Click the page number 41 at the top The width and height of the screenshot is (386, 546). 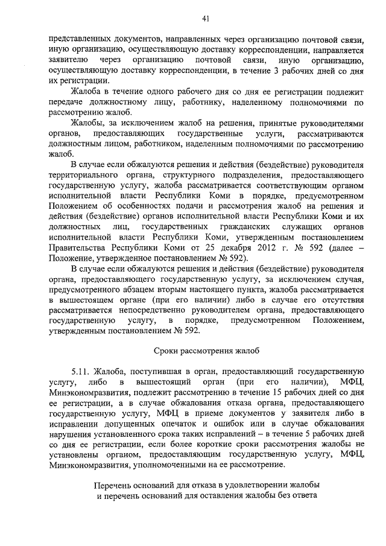point(206,19)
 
